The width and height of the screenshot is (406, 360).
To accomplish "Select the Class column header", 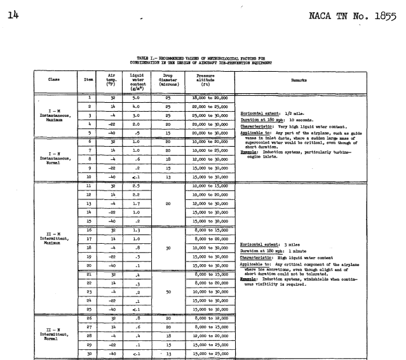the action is click(37, 79).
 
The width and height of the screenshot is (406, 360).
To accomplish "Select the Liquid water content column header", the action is click(137, 79).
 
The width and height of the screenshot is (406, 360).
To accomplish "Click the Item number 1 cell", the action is click(90, 97).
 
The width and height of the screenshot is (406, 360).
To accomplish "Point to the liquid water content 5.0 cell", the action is click(137, 97).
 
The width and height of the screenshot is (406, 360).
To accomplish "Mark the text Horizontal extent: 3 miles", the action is click(267, 244).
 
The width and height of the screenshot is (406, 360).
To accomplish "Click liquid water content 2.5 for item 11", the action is click(137, 185).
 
